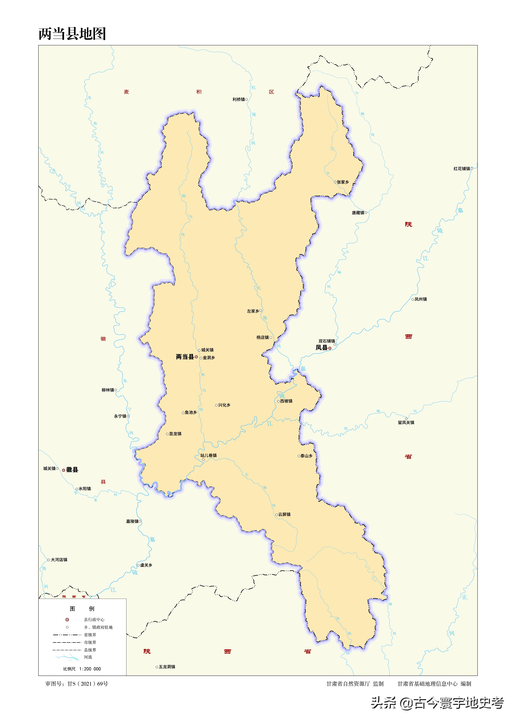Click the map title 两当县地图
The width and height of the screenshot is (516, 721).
tap(72, 34)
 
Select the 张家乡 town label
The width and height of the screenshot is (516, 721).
tap(343, 182)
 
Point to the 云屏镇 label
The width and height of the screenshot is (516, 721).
tap(284, 514)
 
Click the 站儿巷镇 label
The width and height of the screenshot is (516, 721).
tap(209, 455)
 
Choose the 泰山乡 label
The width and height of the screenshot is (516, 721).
tap(306, 456)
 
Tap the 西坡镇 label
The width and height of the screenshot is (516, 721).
tap(286, 401)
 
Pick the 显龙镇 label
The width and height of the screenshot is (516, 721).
tap(175, 434)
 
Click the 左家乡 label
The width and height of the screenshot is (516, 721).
tap(253, 311)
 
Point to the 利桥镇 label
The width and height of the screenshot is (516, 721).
tap(239, 99)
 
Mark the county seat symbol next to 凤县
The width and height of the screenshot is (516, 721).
tap(330, 348)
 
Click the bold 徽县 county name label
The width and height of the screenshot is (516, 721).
tap(72, 470)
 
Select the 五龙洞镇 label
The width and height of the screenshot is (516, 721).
tap(167, 667)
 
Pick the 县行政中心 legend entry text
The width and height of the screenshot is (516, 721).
tap(94, 620)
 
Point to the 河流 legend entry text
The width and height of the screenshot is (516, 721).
tap(88, 657)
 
